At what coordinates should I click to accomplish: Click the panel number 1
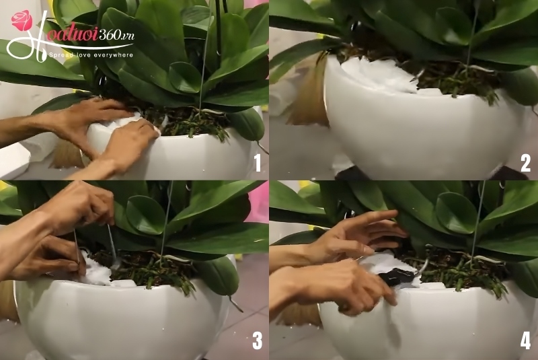click(x=256, y=163)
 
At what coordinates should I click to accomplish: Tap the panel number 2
click(x=525, y=163)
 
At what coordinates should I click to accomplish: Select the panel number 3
click(x=256, y=341)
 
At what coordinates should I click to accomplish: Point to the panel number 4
click(x=525, y=341)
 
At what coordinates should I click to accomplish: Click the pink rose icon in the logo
click(x=22, y=21)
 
